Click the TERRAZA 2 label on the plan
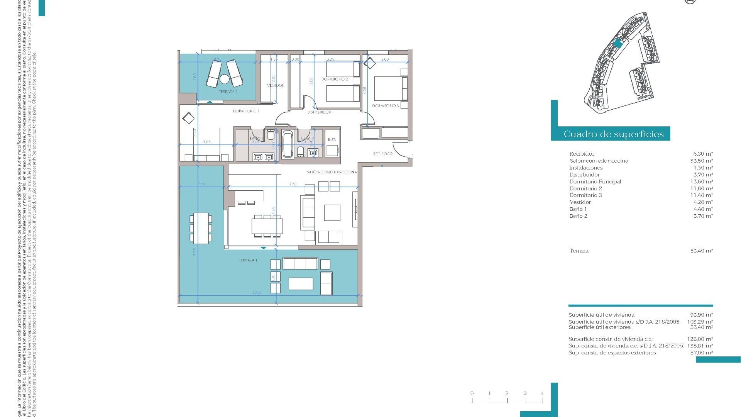pyautogui.click(x=228, y=92)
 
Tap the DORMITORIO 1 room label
pyautogui.click(x=246, y=111)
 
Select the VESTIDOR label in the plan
pyautogui.click(x=276, y=85)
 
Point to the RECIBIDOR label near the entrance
pyautogui.click(x=382, y=154)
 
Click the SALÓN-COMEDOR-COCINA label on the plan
pyautogui.click(x=332, y=172)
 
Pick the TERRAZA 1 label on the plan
pyautogui.click(x=248, y=260)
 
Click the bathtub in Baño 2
pyautogui.click(x=288, y=144)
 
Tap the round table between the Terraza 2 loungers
pyautogui.click(x=224, y=80)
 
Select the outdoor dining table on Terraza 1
pyautogui.click(x=201, y=228)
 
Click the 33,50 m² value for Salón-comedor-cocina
pyautogui.click(x=701, y=161)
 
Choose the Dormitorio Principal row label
pyautogui.click(x=595, y=181)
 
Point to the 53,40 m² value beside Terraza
pyautogui.click(x=701, y=251)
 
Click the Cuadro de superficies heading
pyautogui.click(x=613, y=134)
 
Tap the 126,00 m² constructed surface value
pyautogui.click(x=700, y=339)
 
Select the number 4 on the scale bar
pyautogui.click(x=542, y=393)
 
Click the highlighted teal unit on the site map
pyautogui.click(x=617, y=43)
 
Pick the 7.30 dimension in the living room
pyautogui.click(x=293, y=184)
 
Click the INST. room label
pyautogui.click(x=332, y=140)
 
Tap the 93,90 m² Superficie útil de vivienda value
pyautogui.click(x=701, y=315)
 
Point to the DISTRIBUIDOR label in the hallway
pyautogui.click(x=319, y=112)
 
